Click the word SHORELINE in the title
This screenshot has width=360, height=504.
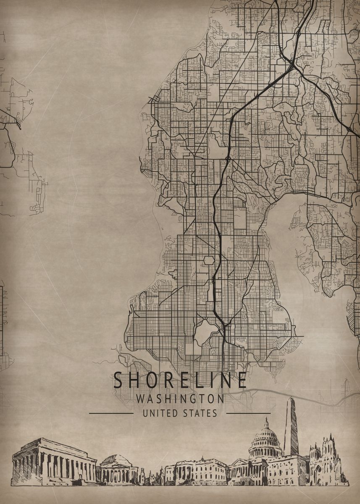pyautogui.click(x=180, y=380)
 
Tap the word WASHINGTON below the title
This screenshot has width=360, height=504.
pyautogui.click(x=180, y=399)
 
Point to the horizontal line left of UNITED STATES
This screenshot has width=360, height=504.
pyautogui.click(x=111, y=413)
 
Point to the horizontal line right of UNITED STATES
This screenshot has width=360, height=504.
pyautogui.click(x=248, y=413)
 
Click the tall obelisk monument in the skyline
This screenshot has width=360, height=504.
pyautogui.click(x=291, y=428)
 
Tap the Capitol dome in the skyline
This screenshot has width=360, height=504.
pyautogui.click(x=265, y=441)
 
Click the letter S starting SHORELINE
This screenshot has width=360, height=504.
pyautogui.click(x=118, y=380)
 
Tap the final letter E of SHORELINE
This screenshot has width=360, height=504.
pyautogui.click(x=242, y=380)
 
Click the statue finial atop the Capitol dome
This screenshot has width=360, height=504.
pyautogui.click(x=266, y=420)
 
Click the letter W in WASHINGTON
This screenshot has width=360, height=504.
pyautogui.click(x=141, y=399)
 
